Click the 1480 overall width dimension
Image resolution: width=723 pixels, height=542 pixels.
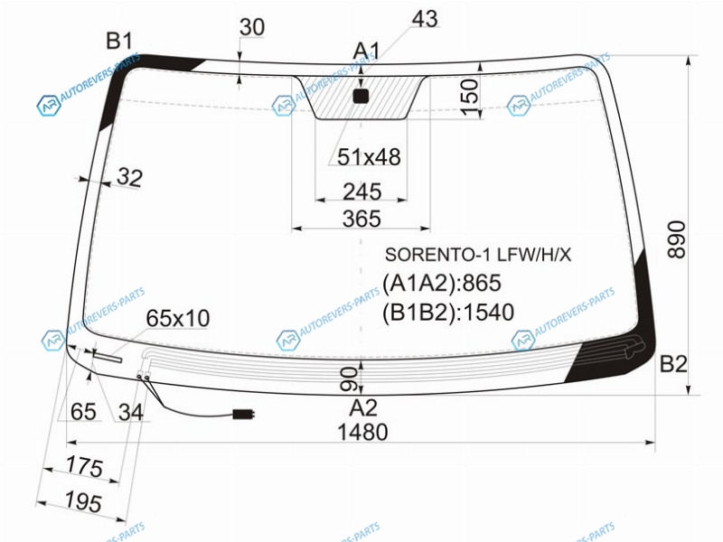pos(362,433)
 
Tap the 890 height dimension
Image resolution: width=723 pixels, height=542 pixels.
pos(676,239)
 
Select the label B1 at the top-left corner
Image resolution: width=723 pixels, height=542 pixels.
pos(119,41)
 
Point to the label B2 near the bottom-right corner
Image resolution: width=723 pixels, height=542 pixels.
pos(673,364)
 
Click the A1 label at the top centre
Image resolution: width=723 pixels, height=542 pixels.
pos(367,51)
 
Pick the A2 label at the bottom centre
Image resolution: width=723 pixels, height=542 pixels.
pos(363,408)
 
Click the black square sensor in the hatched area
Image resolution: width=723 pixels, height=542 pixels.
pos(361,96)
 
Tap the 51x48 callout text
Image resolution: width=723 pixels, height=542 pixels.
pos(369,157)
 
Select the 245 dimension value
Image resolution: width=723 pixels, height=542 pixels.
pos(362,192)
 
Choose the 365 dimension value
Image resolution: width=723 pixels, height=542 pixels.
pos(362,219)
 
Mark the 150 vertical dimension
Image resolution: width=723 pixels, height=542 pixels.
pos(470,98)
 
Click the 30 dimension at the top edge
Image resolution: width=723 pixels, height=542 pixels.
pos(252,27)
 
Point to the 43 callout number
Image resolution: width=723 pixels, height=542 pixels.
pos(425,19)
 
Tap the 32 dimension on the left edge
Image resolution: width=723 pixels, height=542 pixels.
pos(129,177)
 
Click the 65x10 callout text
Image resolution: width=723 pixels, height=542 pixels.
pos(178,318)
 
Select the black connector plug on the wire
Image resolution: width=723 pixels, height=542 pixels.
pos(243,414)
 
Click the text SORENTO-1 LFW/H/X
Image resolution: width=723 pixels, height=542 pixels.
pos(478,255)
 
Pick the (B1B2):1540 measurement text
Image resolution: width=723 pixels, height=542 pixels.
pos(448,313)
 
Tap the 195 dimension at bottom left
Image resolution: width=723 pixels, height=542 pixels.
pos(83,501)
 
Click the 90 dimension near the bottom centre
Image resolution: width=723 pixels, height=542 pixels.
pos(349,378)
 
